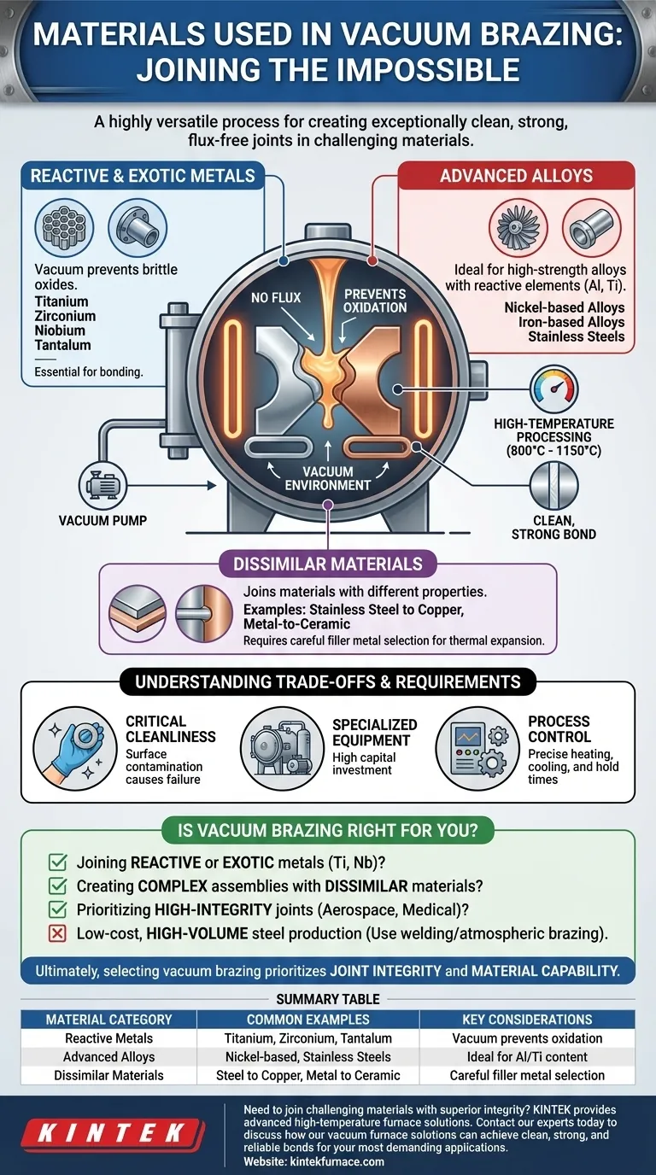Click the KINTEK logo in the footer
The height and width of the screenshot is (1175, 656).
pos(113,1133)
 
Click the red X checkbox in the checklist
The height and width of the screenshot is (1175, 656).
pos(58,933)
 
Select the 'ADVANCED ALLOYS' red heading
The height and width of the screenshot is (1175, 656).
pos(515,176)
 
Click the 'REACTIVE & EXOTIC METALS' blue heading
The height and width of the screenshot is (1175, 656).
pos(143,176)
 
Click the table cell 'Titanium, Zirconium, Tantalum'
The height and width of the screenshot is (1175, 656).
pos(307,1038)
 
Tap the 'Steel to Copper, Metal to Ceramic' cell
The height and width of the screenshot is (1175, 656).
pos(307,1075)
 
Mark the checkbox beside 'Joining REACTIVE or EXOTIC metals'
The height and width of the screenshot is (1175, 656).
pos(58,863)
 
